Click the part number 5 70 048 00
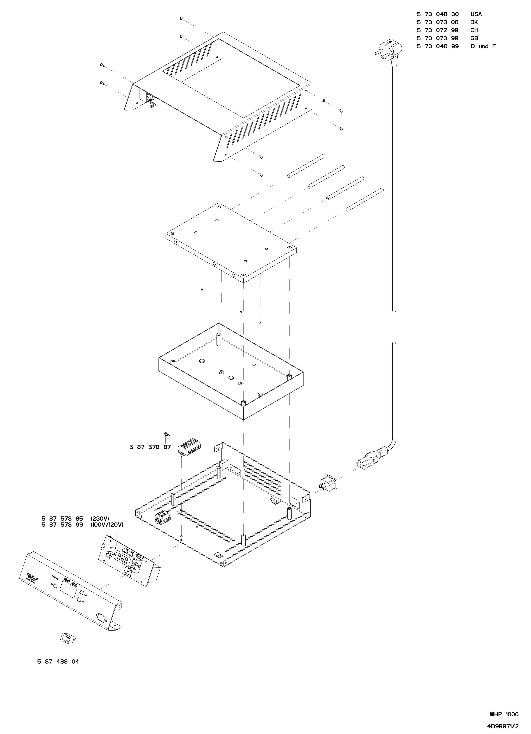437,14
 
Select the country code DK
474,22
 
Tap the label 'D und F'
483,46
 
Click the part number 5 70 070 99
437,38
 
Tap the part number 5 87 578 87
150,447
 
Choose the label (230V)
100,519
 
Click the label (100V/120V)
107,525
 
